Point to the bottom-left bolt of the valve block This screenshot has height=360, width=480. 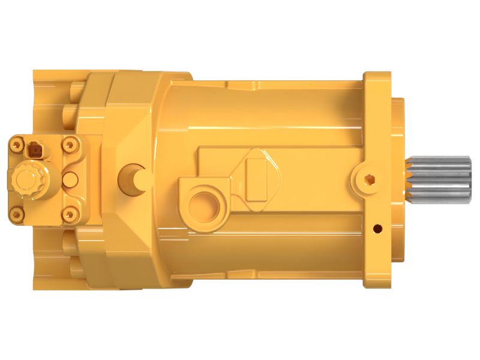[15, 213]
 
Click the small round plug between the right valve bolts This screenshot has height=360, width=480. [70, 178]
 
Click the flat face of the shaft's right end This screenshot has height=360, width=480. [469, 178]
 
